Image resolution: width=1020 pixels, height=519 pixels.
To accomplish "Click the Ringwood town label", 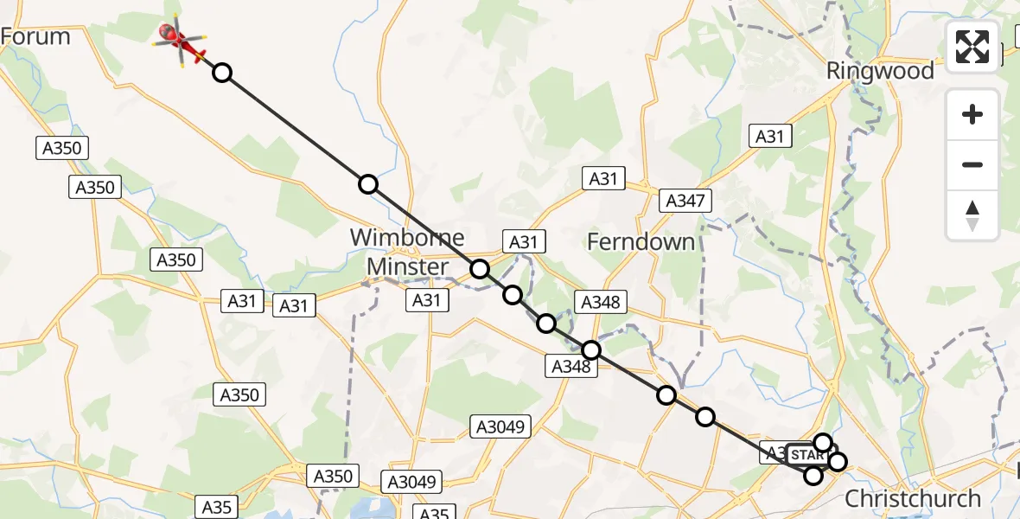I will (x=880, y=71).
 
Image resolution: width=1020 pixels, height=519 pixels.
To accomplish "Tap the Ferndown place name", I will (x=641, y=241).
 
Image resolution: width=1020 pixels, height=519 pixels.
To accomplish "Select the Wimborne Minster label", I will (x=407, y=252).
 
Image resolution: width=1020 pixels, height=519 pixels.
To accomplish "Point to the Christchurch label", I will (x=912, y=498).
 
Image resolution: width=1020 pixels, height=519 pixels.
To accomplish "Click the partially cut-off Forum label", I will (x=35, y=36).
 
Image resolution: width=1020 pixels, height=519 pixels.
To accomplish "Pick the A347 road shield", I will (x=685, y=202).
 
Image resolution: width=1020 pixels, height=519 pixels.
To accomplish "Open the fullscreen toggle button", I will (x=972, y=47).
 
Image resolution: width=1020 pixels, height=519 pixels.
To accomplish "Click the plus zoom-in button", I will (x=972, y=114).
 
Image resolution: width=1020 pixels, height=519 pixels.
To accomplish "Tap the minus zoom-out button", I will (x=972, y=164).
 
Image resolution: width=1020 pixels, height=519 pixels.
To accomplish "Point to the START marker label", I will (x=807, y=455).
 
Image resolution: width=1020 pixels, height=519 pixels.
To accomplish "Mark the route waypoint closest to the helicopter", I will (x=222, y=73).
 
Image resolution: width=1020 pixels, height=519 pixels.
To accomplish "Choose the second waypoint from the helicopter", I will (x=368, y=184).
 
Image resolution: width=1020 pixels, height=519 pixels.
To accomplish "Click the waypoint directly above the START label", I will (x=822, y=443).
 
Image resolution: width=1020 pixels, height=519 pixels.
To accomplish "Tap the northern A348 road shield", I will (x=600, y=302).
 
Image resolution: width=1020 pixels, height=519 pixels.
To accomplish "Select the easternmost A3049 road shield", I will (x=501, y=426).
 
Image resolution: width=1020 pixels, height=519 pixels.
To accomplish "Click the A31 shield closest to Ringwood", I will (x=769, y=136).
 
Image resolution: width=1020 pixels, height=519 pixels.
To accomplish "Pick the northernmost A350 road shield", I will (x=62, y=148).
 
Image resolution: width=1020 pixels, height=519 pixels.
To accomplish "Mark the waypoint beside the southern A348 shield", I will (x=591, y=350).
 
